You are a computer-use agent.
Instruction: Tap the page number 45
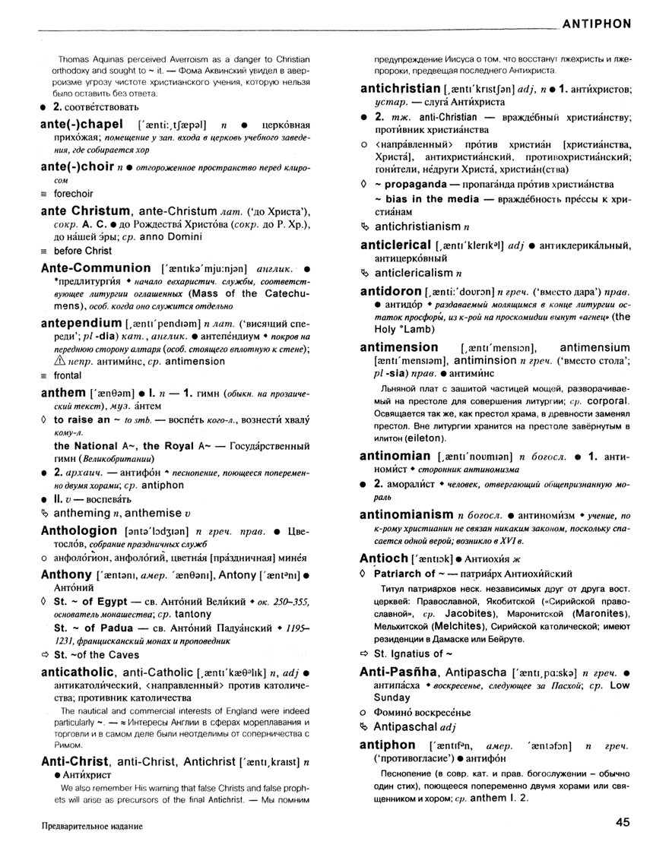(623, 821)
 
